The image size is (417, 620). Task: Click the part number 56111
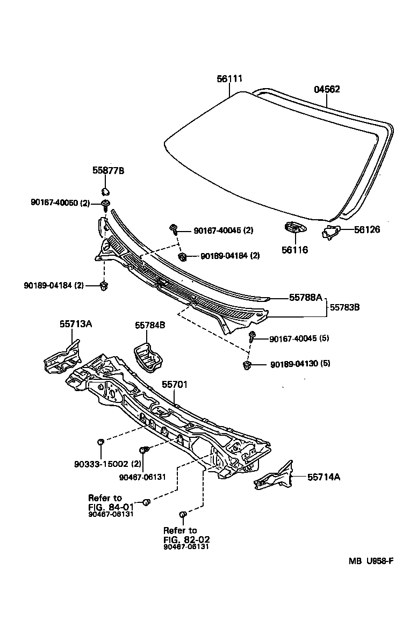pos(229,78)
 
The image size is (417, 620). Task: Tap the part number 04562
pos(327,90)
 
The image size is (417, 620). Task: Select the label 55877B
pos(108,170)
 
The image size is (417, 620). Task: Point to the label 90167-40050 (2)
pos(61,203)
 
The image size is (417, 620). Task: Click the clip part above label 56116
pos(293,228)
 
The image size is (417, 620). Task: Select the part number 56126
pos(367,229)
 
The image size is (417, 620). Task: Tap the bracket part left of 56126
pos(332,232)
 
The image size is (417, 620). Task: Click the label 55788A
pos(305,297)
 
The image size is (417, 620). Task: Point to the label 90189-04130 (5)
pos(300,364)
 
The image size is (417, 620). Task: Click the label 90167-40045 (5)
pos(299,339)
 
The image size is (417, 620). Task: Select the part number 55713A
pos(75,324)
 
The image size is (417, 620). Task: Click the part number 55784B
pos(150,325)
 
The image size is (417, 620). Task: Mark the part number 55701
pos(175,385)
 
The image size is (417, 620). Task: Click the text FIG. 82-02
pos(186,539)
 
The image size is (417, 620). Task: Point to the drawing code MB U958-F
pos(371,561)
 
